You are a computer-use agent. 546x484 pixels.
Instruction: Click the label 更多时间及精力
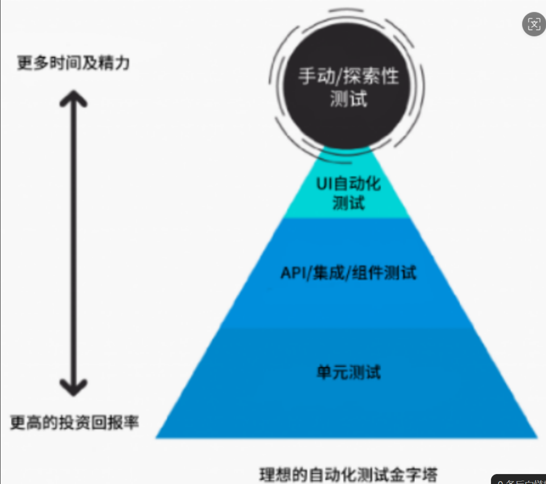click(73, 63)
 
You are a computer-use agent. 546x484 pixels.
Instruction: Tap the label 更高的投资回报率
click(75, 422)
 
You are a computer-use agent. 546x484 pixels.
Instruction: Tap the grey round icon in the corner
click(534, 24)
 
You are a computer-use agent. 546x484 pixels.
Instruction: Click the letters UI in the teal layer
click(323, 183)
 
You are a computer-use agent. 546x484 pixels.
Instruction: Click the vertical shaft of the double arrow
click(74, 242)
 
